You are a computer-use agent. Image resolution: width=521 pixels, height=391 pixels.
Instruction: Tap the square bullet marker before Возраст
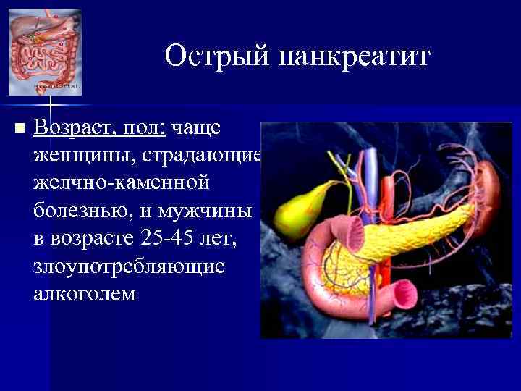(x=19, y=128)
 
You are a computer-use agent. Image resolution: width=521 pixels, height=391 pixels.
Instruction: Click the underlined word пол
(x=145, y=127)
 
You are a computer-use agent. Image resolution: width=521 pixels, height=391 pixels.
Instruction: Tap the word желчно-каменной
(x=121, y=182)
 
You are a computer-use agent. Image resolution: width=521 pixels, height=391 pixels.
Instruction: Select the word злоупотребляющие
(x=129, y=266)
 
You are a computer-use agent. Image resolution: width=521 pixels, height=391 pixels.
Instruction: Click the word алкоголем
(x=84, y=293)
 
